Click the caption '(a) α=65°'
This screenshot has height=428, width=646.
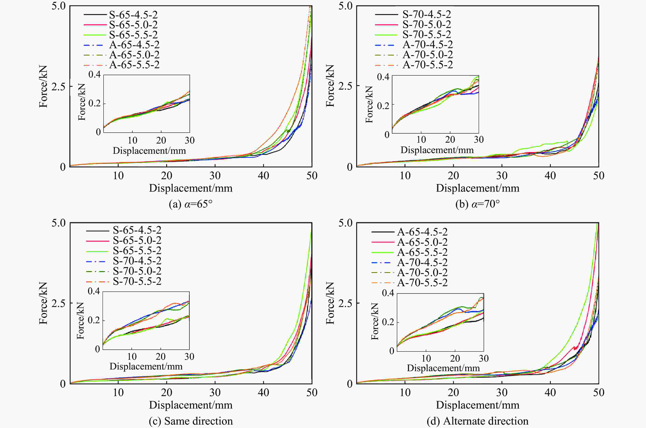click(x=190, y=204)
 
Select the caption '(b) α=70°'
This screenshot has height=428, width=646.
click(x=477, y=204)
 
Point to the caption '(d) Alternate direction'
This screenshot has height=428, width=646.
click(x=477, y=421)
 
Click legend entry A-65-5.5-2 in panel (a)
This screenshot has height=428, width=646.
click(x=134, y=65)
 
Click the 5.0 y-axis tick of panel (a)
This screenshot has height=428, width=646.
click(x=58, y=6)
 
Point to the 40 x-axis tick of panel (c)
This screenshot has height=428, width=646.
click(x=263, y=393)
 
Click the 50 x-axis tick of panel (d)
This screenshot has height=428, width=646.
click(x=598, y=393)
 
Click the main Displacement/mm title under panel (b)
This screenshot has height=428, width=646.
click(x=477, y=188)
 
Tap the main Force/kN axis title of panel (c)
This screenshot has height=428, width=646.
click(x=43, y=303)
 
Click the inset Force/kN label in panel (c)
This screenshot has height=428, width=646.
click(x=80, y=321)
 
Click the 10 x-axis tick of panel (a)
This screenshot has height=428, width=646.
click(x=118, y=175)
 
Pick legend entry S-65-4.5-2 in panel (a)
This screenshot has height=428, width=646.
click(x=133, y=15)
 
